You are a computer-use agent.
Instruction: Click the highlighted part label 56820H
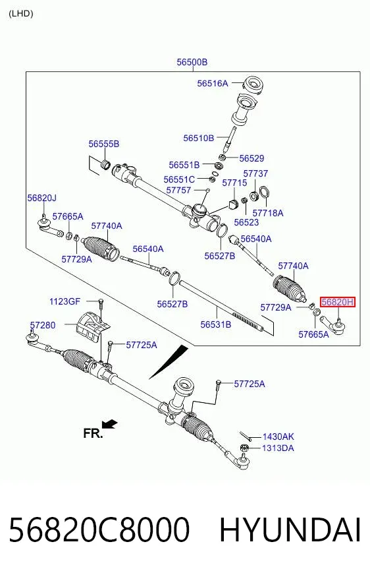(x=338, y=302)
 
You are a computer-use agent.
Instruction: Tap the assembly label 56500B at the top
(x=192, y=62)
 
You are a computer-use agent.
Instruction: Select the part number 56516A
(x=213, y=83)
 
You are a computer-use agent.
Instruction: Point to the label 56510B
(x=199, y=138)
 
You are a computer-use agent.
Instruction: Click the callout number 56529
(x=251, y=158)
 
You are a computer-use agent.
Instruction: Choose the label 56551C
(x=179, y=179)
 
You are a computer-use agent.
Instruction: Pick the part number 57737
(x=255, y=173)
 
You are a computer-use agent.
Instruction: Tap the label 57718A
(x=268, y=213)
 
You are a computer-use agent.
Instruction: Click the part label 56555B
(x=104, y=144)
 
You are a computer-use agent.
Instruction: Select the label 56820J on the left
(x=41, y=198)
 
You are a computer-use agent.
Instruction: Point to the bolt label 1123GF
(x=65, y=301)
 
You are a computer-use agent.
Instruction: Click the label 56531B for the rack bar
(x=216, y=324)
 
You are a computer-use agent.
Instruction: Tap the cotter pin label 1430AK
(x=278, y=437)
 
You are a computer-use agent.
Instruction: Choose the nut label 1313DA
(x=278, y=448)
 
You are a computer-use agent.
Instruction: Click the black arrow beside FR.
(x=109, y=424)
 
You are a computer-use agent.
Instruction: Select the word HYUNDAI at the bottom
(x=290, y=530)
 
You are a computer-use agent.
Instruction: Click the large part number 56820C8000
(x=99, y=530)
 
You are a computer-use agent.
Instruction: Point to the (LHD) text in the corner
(x=21, y=14)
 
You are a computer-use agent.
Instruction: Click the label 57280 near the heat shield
(x=43, y=325)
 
